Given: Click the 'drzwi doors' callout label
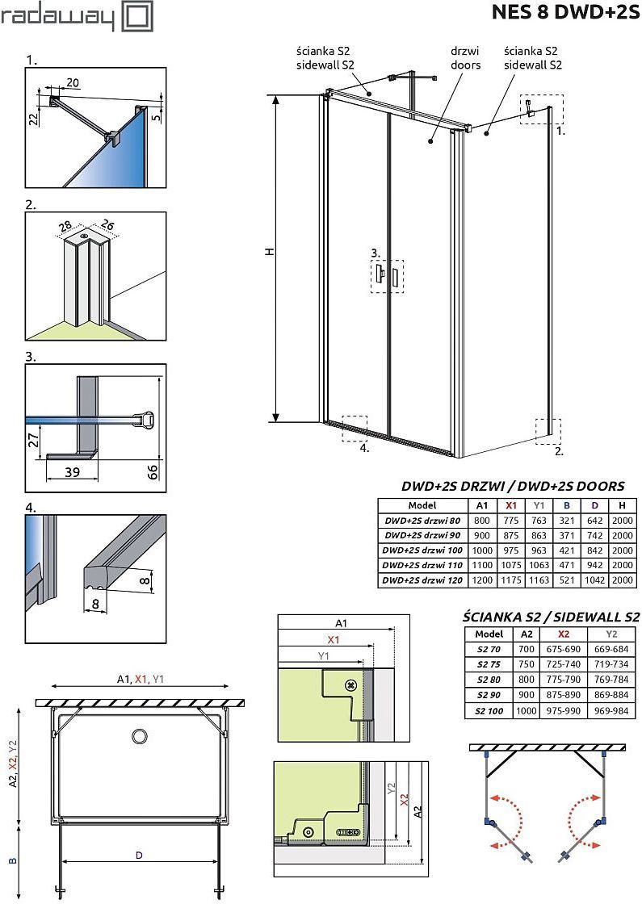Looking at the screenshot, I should pyautogui.click(x=465, y=58).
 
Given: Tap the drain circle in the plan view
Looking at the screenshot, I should pyautogui.click(x=138, y=735).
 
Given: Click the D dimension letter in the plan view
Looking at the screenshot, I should pyautogui.click(x=139, y=854).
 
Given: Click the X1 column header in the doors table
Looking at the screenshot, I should pyautogui.click(x=510, y=505).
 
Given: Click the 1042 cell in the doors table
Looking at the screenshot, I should pyautogui.click(x=594, y=580).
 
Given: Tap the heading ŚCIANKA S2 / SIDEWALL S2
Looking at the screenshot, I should pyautogui.click(x=551, y=617).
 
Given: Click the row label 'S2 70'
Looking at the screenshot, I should pyautogui.click(x=489, y=649).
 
